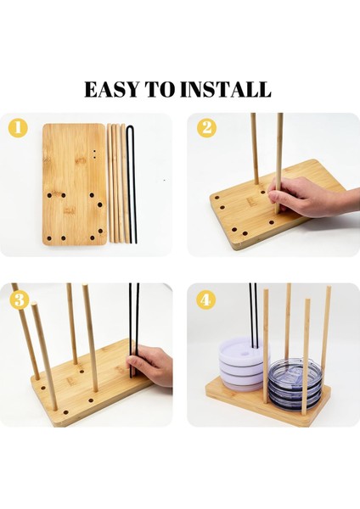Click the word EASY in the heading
click(115, 89)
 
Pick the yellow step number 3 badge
click(20, 300)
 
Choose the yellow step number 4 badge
click(206, 300)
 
